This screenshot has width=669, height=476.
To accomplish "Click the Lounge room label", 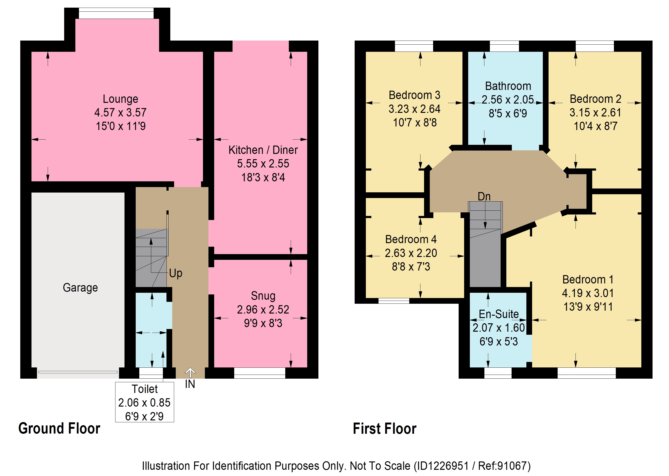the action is tap(120, 99).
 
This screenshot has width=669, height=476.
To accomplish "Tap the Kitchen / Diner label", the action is tap(263, 150).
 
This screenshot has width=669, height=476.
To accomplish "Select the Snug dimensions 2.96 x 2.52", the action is tap(263, 309).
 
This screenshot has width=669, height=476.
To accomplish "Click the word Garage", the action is tap(80, 288).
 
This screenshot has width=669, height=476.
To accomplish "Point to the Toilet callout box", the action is tap(145, 402).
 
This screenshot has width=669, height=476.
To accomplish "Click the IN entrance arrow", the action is tap(190, 373).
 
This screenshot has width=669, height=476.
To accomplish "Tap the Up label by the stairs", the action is tap(176, 273).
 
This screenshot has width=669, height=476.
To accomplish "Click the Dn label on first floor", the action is tap(484, 196).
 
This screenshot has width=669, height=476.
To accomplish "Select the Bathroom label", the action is tap(508, 86).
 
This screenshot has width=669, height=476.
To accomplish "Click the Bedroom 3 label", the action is tap(415, 95).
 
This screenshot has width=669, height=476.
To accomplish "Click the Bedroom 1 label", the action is tap(588, 279).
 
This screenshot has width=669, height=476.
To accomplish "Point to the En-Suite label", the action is tap(499, 314).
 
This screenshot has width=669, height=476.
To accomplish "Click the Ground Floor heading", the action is tap(59, 428).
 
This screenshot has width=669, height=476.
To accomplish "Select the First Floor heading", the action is tap(385, 428).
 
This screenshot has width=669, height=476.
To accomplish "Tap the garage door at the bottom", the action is tap(78, 372).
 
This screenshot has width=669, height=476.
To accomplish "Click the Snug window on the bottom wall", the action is tap(259, 373).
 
